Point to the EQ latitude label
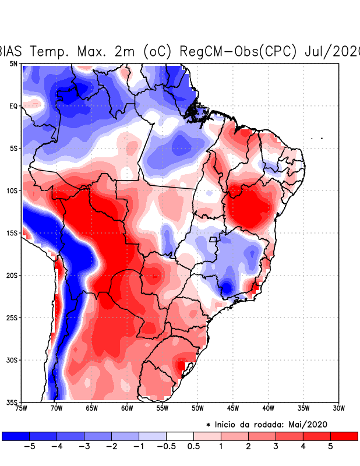pyautogui.click(x=13, y=106)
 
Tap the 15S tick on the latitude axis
pyautogui.click(x=12, y=233)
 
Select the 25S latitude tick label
pyautogui.click(x=12, y=317)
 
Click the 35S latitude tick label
pyautogui.click(x=12, y=402)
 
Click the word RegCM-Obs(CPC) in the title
pyautogui.click(x=240, y=51)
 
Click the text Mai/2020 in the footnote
pyautogui.click(x=313, y=425)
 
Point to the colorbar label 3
pyautogui.click(x=276, y=446)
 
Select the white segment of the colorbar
pyautogui.click(x=180, y=436)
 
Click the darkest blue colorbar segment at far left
pyautogui.click(x=16, y=436)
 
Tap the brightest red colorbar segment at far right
pyautogui.click(x=344, y=436)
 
